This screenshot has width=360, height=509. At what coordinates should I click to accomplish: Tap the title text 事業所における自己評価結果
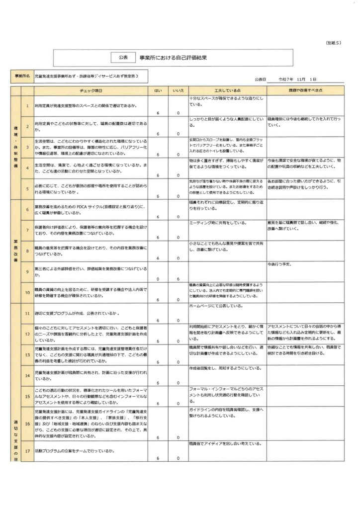point(174,58)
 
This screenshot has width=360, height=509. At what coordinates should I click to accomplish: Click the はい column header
point(158,91)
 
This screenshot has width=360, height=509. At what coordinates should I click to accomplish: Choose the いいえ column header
point(178,91)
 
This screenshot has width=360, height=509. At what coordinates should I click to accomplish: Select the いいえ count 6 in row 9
point(178,279)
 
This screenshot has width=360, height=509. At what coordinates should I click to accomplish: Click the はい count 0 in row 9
point(158,279)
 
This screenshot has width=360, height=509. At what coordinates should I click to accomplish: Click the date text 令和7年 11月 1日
point(298,79)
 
